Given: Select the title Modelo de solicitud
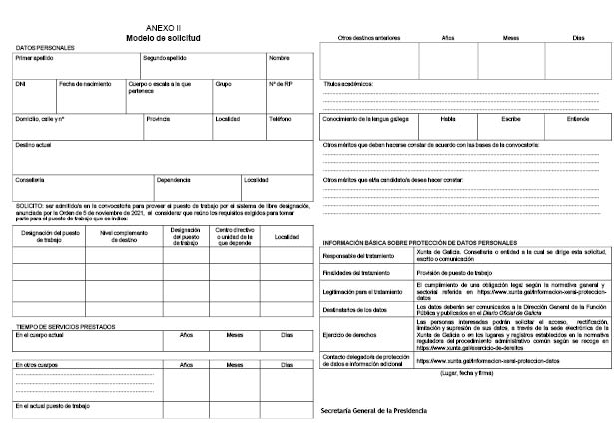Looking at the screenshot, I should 164,37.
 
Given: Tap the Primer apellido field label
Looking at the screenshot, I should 34,58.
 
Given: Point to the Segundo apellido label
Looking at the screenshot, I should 165,58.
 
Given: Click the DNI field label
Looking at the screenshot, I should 20,83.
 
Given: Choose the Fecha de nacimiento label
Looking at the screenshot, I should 84,83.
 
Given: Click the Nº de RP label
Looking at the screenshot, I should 280,83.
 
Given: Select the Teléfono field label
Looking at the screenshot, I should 280,118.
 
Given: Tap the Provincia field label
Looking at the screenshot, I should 158,118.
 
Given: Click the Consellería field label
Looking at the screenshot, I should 30,180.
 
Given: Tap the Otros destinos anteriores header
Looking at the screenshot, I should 364,37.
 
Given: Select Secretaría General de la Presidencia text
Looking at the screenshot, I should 369,411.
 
